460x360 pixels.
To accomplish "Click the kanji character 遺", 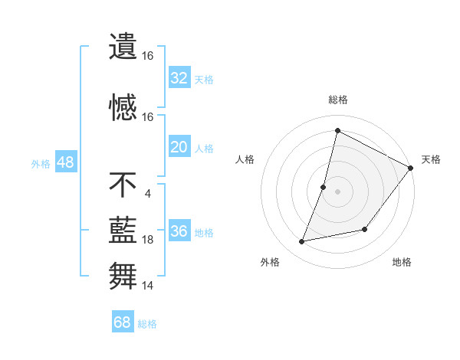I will click(x=123, y=46).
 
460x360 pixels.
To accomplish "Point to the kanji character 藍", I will click(x=123, y=230).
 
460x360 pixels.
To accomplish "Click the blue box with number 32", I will click(x=179, y=78).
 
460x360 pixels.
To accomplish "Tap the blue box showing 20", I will click(x=179, y=147).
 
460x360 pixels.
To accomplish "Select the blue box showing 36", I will click(x=179, y=231).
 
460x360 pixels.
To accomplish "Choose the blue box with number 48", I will click(x=65, y=162).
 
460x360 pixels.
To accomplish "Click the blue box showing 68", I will click(x=123, y=322).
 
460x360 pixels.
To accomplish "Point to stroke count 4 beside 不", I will click(x=147, y=192).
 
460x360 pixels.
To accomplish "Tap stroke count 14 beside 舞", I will click(x=148, y=286).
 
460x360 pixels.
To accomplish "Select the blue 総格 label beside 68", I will click(x=147, y=324).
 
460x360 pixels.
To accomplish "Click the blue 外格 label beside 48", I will click(x=41, y=163).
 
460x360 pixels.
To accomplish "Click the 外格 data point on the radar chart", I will click(x=302, y=241).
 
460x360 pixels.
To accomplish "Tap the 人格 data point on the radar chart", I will click(x=324, y=187).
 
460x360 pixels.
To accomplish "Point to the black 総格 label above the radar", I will click(x=338, y=100).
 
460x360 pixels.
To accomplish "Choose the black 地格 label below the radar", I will click(x=402, y=262).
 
